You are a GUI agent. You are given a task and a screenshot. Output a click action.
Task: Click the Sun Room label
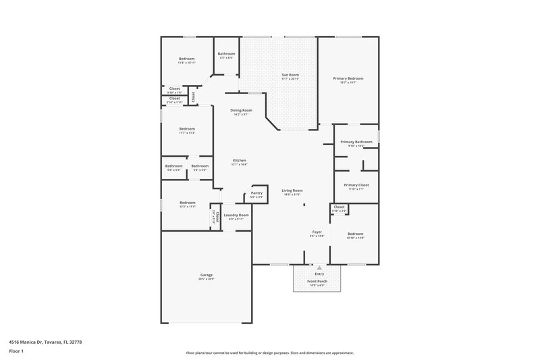tap(290, 74)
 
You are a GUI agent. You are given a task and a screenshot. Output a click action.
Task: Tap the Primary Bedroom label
tap(348, 78)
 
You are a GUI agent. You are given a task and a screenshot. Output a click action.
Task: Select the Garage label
tap(206, 275)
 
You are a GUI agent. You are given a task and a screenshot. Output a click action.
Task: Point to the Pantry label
tap(256, 193)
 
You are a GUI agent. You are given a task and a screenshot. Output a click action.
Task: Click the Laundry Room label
tap(236, 215)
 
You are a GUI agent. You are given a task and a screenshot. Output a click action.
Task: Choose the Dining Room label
tap(241, 110)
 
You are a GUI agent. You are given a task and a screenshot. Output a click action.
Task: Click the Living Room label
tap(292, 190)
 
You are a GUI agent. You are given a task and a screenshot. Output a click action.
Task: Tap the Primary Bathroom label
tap(356, 142)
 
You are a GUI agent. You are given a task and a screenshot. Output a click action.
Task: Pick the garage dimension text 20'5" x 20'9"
tap(206, 279)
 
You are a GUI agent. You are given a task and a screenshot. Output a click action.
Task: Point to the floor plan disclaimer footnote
tap(270, 353)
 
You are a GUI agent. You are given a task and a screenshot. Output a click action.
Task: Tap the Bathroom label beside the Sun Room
tap(226, 53)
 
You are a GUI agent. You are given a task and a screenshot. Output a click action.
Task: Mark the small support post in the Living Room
tap(304, 205)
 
